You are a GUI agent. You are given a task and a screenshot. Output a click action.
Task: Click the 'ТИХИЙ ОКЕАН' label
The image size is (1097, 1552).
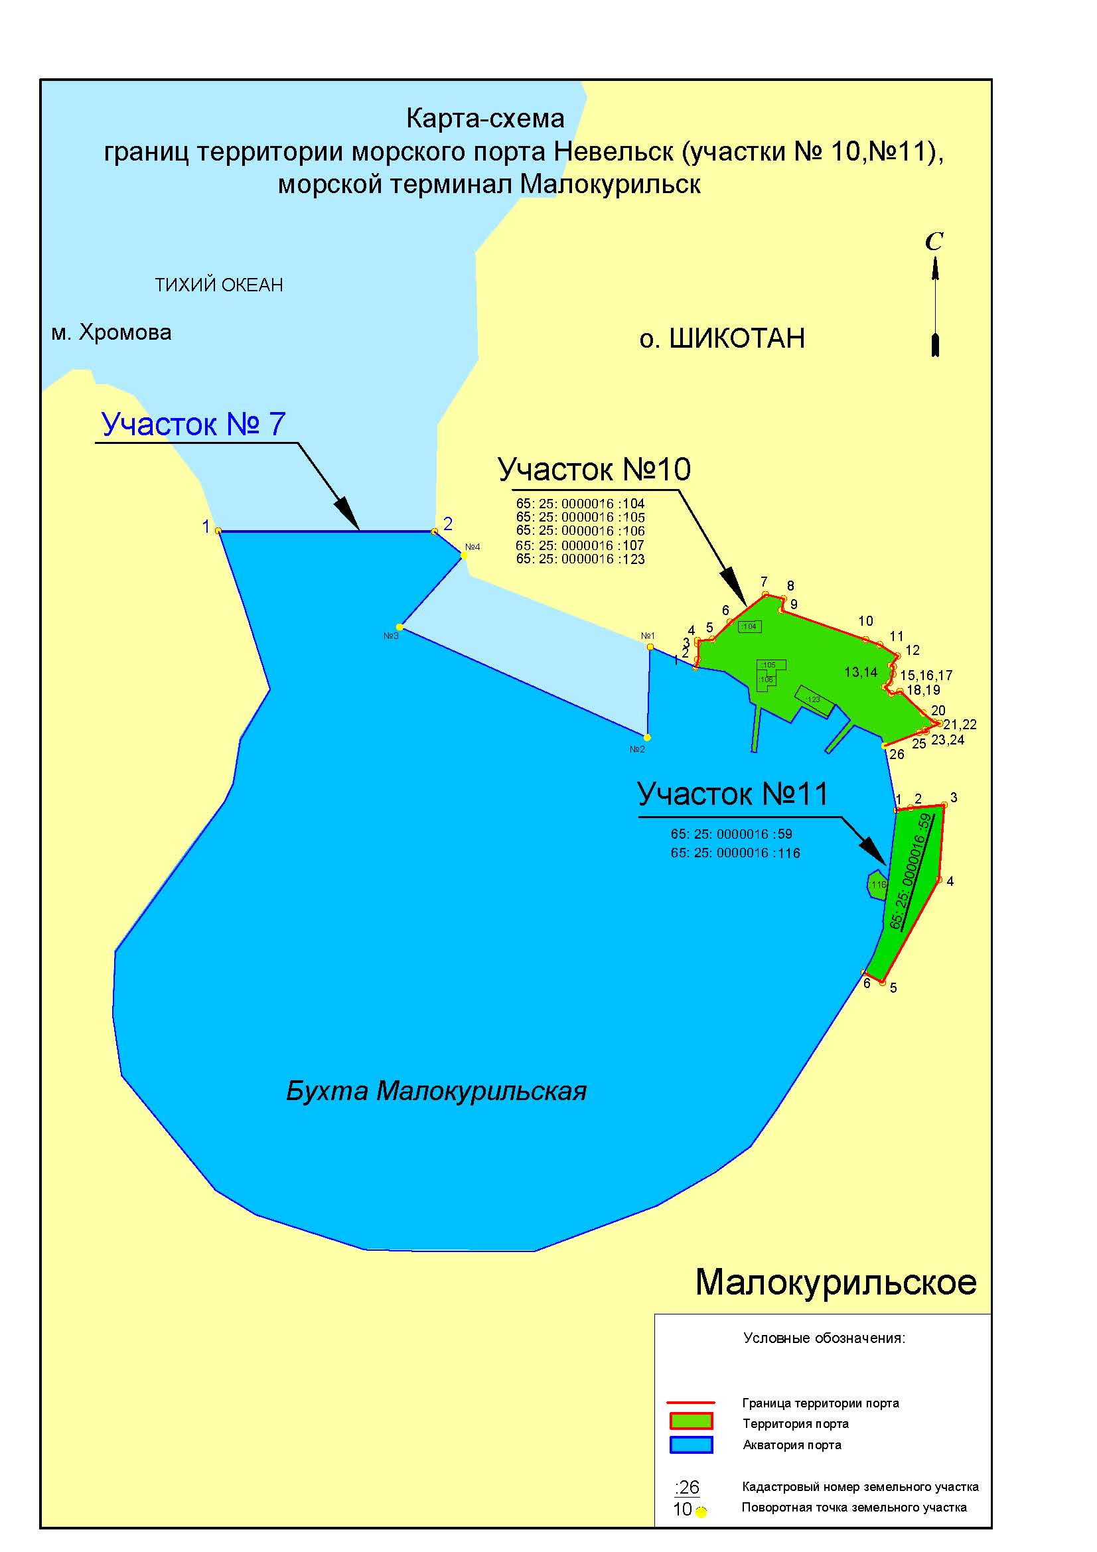(x=218, y=285)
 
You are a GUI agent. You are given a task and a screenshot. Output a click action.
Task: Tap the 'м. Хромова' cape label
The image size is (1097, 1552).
(x=111, y=332)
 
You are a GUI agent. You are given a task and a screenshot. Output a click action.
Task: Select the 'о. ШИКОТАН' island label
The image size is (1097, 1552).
(x=722, y=338)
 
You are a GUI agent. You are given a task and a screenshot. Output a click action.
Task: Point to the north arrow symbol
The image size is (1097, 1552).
(x=935, y=297)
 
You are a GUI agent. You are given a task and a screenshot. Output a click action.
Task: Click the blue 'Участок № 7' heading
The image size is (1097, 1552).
(x=193, y=424)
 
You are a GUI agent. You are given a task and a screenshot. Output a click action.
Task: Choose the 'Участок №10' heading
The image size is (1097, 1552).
(x=594, y=469)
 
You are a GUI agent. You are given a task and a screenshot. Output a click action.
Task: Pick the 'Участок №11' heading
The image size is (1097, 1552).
(x=733, y=794)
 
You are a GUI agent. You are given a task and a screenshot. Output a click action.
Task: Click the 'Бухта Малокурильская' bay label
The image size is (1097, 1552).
(x=436, y=1090)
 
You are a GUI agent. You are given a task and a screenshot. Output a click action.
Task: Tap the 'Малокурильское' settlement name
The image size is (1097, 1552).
(x=836, y=1282)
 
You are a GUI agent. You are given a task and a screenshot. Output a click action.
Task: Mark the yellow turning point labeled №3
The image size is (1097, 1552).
(x=400, y=626)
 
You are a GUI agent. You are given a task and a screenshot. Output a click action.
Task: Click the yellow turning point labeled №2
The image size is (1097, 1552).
(x=647, y=737)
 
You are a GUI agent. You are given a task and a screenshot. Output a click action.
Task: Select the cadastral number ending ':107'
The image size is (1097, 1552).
(x=580, y=545)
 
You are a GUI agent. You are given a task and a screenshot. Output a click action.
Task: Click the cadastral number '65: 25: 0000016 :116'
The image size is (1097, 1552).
(x=735, y=853)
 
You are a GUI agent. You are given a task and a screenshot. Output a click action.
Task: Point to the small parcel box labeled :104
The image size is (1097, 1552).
(x=749, y=626)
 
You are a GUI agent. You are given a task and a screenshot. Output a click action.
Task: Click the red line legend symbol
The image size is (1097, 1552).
(x=690, y=1403)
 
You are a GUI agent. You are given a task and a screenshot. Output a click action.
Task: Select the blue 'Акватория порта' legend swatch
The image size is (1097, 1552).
(x=690, y=1445)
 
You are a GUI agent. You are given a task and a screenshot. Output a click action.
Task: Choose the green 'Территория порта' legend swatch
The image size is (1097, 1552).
(x=690, y=1423)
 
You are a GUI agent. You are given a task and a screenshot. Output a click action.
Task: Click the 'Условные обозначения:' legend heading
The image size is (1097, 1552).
(x=824, y=1338)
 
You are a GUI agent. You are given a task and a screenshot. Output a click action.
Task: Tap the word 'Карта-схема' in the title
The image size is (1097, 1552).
(x=485, y=119)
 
